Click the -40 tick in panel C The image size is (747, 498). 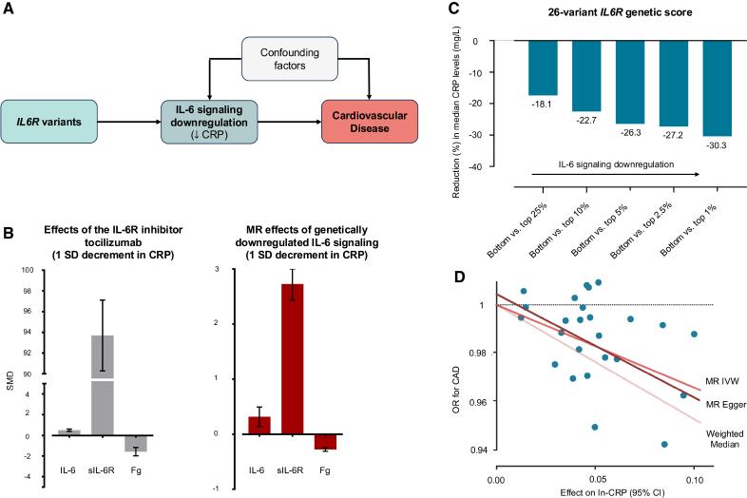coord(501,166)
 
